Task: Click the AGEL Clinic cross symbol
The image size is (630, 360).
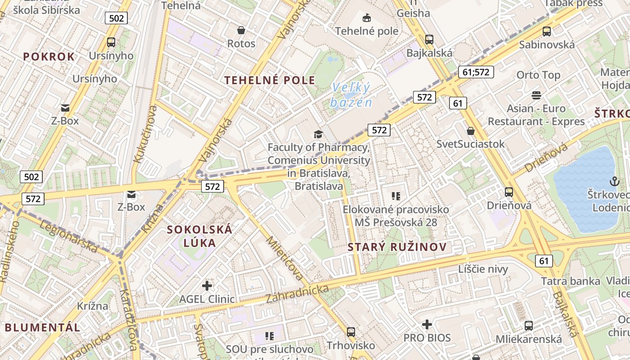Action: (x=207, y=286)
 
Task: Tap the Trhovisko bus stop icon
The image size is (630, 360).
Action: (x=351, y=332)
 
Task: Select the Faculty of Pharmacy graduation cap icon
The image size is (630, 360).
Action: (x=318, y=134)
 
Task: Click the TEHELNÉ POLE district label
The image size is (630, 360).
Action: (x=270, y=81)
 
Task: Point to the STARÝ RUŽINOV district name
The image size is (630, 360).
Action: (x=397, y=247)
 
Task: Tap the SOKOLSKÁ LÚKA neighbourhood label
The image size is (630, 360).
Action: (x=199, y=236)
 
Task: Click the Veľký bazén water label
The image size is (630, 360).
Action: (x=351, y=95)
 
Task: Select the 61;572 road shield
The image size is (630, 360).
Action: (x=476, y=72)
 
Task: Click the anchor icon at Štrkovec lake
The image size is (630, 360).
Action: (x=614, y=181)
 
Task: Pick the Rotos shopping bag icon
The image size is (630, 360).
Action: (x=241, y=30)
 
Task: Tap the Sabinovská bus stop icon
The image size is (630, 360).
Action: (x=547, y=31)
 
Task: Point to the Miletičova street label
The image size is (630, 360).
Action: (x=284, y=258)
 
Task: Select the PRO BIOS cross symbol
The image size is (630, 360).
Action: (x=427, y=324)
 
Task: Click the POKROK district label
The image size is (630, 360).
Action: (x=49, y=57)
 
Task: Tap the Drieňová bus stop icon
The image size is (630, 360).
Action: (x=509, y=192)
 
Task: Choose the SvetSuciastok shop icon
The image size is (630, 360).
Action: (x=471, y=131)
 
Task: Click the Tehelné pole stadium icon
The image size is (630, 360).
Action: (x=367, y=18)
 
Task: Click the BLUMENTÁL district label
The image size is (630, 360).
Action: (x=42, y=327)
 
